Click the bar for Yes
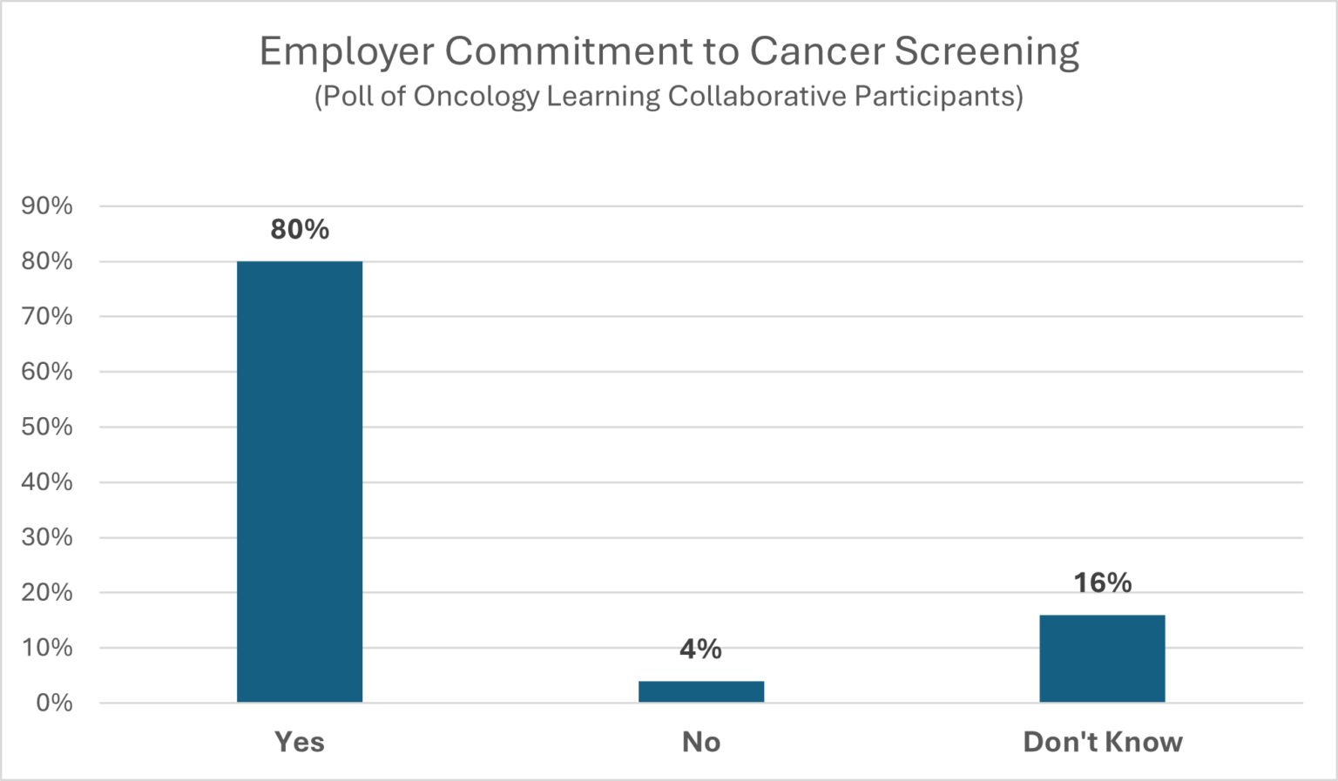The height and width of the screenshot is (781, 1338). click(300, 481)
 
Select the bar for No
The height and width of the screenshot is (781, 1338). click(701, 691)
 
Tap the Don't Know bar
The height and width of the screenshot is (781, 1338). click(1102, 658)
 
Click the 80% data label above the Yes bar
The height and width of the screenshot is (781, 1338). click(300, 230)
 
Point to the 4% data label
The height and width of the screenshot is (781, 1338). click(701, 650)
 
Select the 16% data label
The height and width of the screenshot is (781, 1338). click(1102, 582)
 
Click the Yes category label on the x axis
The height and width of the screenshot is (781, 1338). click(300, 742)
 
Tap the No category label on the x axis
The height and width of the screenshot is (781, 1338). click(701, 742)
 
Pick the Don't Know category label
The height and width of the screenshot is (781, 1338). click(1102, 742)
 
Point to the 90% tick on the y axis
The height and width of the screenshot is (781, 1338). click(47, 206)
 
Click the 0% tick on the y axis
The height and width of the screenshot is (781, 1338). click(54, 703)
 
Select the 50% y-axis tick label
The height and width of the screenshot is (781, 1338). click(47, 427)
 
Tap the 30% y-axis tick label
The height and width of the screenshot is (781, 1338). click(47, 537)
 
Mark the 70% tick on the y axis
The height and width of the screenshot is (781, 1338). click(47, 316)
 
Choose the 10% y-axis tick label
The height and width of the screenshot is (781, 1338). click(47, 648)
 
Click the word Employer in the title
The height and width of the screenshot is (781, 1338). click(347, 52)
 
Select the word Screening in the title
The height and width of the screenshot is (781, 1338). click(986, 52)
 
